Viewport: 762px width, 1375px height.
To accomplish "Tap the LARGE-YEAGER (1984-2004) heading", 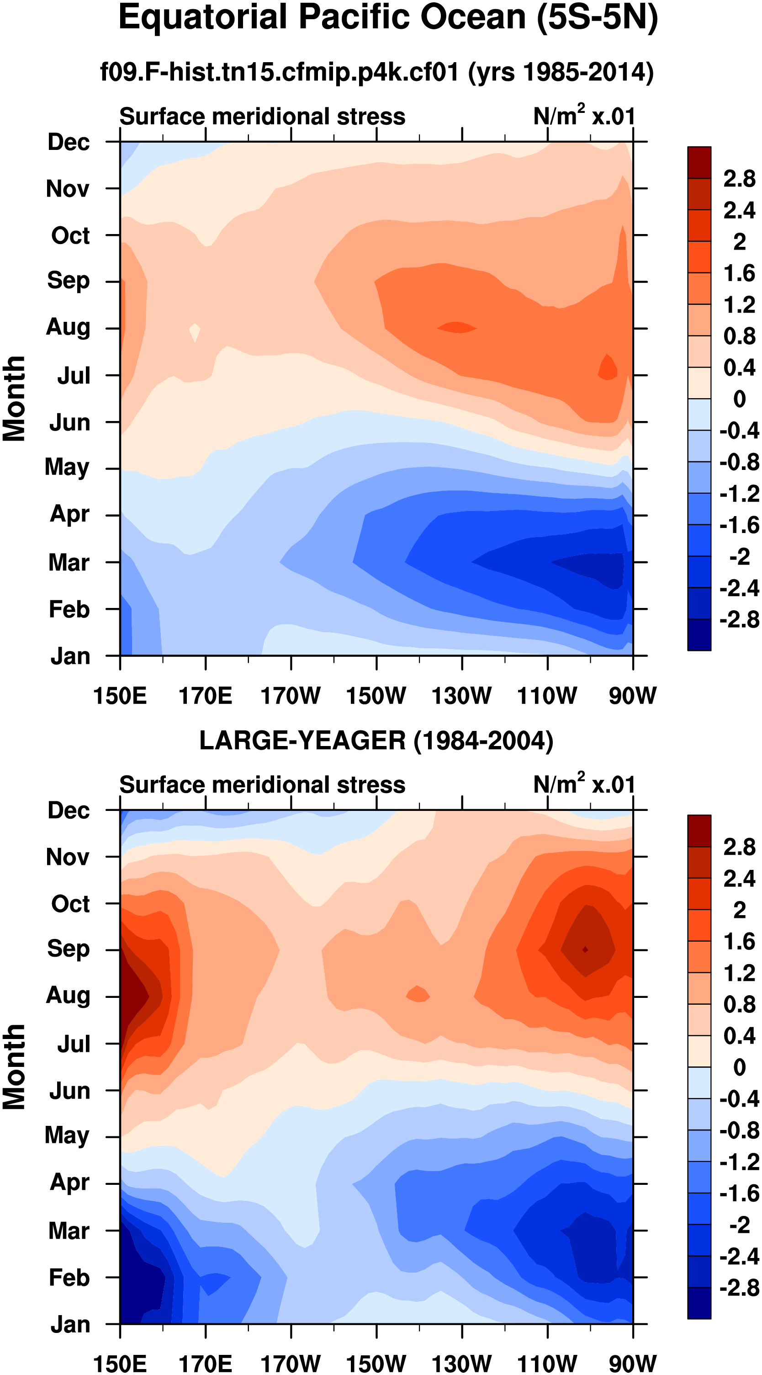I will tap(376, 741).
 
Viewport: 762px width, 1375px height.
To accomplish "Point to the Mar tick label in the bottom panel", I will tap(69, 1231).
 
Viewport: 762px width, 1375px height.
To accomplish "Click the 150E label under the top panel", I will tap(120, 696).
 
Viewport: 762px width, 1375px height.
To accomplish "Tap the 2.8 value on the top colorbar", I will tap(739, 178).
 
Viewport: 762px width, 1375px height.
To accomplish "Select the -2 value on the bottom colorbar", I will tap(739, 1225).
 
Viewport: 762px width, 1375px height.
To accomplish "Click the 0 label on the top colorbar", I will tap(739, 399).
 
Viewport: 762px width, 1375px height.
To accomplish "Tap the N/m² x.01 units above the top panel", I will tap(584, 116).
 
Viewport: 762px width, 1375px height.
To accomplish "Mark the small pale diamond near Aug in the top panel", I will tap(195, 332).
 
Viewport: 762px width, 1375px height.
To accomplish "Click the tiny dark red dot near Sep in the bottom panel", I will tap(585, 949).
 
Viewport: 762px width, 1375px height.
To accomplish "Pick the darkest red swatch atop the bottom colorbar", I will tap(699, 831).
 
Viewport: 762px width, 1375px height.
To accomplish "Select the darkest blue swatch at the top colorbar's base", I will tap(699, 634).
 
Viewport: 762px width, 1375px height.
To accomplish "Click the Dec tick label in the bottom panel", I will tap(69, 810).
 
